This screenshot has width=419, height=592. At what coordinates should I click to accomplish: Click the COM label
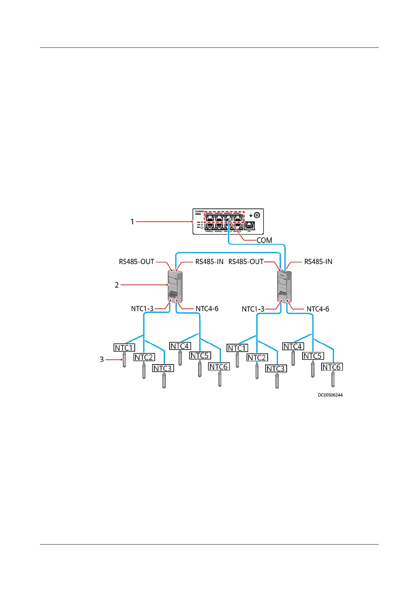(264, 240)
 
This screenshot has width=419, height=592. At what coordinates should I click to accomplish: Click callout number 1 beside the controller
(132, 221)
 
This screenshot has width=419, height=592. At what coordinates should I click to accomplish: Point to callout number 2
(117, 285)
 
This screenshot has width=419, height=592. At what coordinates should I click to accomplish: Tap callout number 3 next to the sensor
(102, 359)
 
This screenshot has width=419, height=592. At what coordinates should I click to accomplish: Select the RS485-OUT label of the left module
(137, 262)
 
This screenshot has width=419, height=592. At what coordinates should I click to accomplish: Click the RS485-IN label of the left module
(209, 262)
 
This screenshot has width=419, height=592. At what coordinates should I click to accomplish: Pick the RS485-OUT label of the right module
(246, 262)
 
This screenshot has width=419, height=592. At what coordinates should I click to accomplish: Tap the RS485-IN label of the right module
(318, 262)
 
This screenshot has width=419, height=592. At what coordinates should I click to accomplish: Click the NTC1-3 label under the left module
(142, 309)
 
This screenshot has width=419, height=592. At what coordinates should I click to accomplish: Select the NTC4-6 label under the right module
(318, 309)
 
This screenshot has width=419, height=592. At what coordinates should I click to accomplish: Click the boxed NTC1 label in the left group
(124, 348)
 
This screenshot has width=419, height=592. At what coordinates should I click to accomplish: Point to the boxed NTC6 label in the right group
(332, 367)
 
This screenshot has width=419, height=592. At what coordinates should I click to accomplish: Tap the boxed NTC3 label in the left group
(163, 368)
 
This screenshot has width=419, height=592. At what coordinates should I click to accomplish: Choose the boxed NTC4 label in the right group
(293, 346)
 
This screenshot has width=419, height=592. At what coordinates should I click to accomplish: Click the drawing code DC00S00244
(330, 395)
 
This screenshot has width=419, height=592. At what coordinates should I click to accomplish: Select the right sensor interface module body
(284, 287)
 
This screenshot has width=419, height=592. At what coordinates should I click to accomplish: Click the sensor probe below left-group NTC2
(144, 371)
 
